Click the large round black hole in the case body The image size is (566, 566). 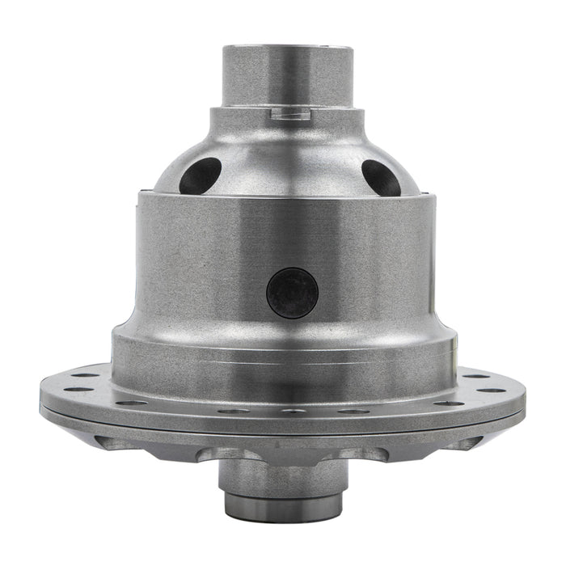[x=292, y=293]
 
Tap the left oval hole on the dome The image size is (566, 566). [x=201, y=175]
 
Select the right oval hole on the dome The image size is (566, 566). [x=381, y=177]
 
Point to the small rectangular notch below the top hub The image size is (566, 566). [x=290, y=115]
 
